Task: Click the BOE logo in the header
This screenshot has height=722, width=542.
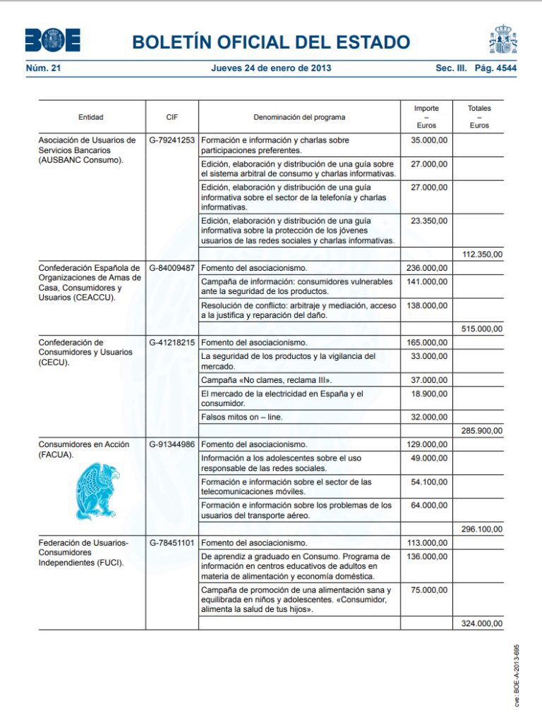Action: (53, 40)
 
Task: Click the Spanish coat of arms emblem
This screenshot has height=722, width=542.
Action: (503, 39)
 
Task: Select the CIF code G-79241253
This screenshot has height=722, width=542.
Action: (172, 140)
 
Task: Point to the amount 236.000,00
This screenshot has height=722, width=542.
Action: (427, 268)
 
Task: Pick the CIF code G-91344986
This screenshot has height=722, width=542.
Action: (172, 445)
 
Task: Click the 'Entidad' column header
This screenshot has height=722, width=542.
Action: (91, 117)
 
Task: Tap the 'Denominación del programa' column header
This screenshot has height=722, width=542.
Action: (299, 117)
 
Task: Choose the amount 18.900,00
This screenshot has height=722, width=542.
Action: (429, 393)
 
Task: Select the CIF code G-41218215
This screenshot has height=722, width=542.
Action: (172, 342)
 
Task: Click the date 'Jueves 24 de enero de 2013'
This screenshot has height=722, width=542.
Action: (271, 68)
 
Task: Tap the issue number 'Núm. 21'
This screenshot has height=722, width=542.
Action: (43, 68)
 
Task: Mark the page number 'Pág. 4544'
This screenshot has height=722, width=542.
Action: (495, 68)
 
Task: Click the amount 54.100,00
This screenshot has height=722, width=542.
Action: (429, 482)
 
